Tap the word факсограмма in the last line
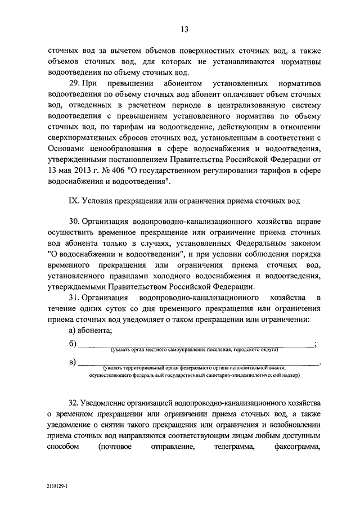click(296, 448)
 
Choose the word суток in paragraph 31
click(119, 309)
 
